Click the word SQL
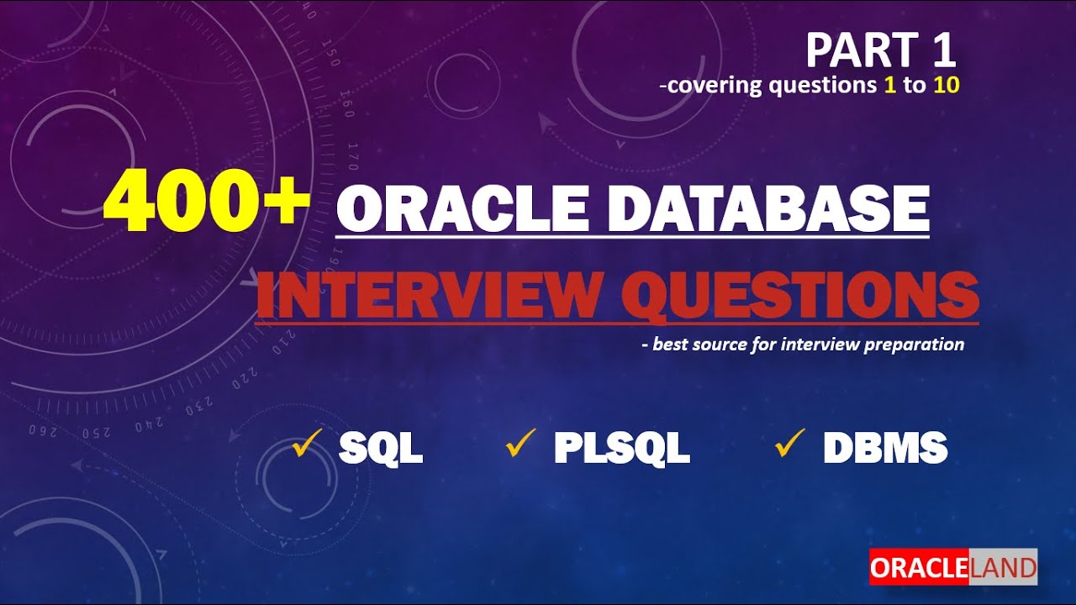pyautogui.click(x=380, y=449)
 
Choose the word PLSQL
pyautogui.click(x=621, y=449)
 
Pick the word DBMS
pyautogui.click(x=885, y=449)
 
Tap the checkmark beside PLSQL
pyautogui.click(x=521, y=444)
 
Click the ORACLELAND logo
pyautogui.click(x=953, y=567)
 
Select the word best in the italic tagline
pyautogui.click(x=671, y=344)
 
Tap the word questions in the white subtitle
pyautogui.click(x=815, y=86)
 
